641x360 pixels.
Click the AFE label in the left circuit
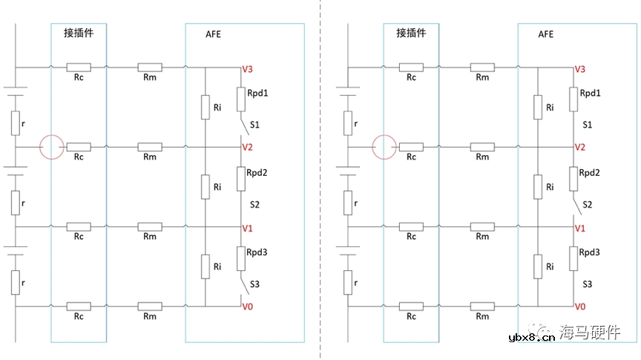point(214,34)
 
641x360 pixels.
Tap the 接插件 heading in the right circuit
point(410,33)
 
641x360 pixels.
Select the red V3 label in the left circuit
point(248,69)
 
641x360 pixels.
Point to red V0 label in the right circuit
point(580,307)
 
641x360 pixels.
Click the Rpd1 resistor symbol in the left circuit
point(242,97)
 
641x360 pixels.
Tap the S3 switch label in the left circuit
point(255,284)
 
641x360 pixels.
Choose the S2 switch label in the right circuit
point(588,203)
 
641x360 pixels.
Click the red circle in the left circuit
point(53,147)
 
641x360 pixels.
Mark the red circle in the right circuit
point(385,147)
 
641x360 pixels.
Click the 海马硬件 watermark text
point(590,333)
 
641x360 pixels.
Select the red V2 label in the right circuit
point(580,147)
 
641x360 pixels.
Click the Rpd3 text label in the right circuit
point(590,252)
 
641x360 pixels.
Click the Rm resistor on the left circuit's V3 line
point(150,68)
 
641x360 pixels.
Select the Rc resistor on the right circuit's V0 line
point(411,306)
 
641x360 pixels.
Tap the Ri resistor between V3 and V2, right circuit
point(537,107)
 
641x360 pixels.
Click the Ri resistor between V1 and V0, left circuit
point(205,266)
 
